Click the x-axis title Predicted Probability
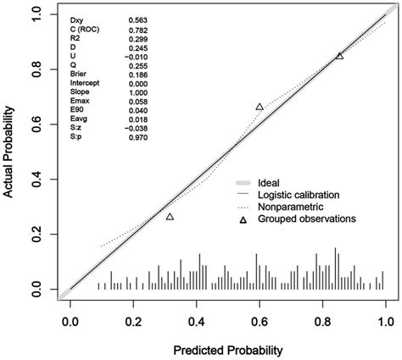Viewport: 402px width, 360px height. coord(228,349)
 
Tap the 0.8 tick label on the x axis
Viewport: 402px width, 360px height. coord(322,322)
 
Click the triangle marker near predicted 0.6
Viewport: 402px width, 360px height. coord(260,107)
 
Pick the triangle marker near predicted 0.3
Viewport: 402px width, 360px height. coord(170,217)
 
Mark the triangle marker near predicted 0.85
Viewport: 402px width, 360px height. coord(339,56)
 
